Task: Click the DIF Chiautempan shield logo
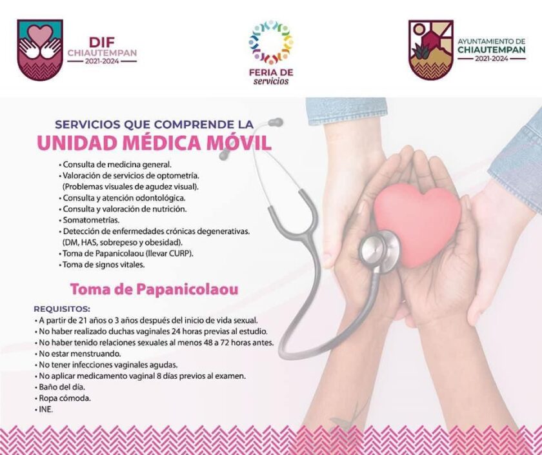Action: coord(40,50)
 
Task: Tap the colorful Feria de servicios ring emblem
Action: coord(271,42)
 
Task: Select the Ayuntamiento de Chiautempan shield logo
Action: coord(431,50)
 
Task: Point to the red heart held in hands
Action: coord(417,224)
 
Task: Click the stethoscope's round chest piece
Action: coord(379,250)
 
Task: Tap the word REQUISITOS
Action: coord(62,308)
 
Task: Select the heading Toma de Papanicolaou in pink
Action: coord(154,289)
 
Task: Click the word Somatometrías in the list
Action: coord(91,220)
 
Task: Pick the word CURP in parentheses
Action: coord(180,254)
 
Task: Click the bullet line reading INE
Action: coord(44,409)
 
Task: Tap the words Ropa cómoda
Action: coord(65,398)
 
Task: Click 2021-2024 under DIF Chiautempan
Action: coord(102,61)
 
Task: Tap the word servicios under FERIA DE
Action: coord(271,81)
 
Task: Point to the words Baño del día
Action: coord(62,387)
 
